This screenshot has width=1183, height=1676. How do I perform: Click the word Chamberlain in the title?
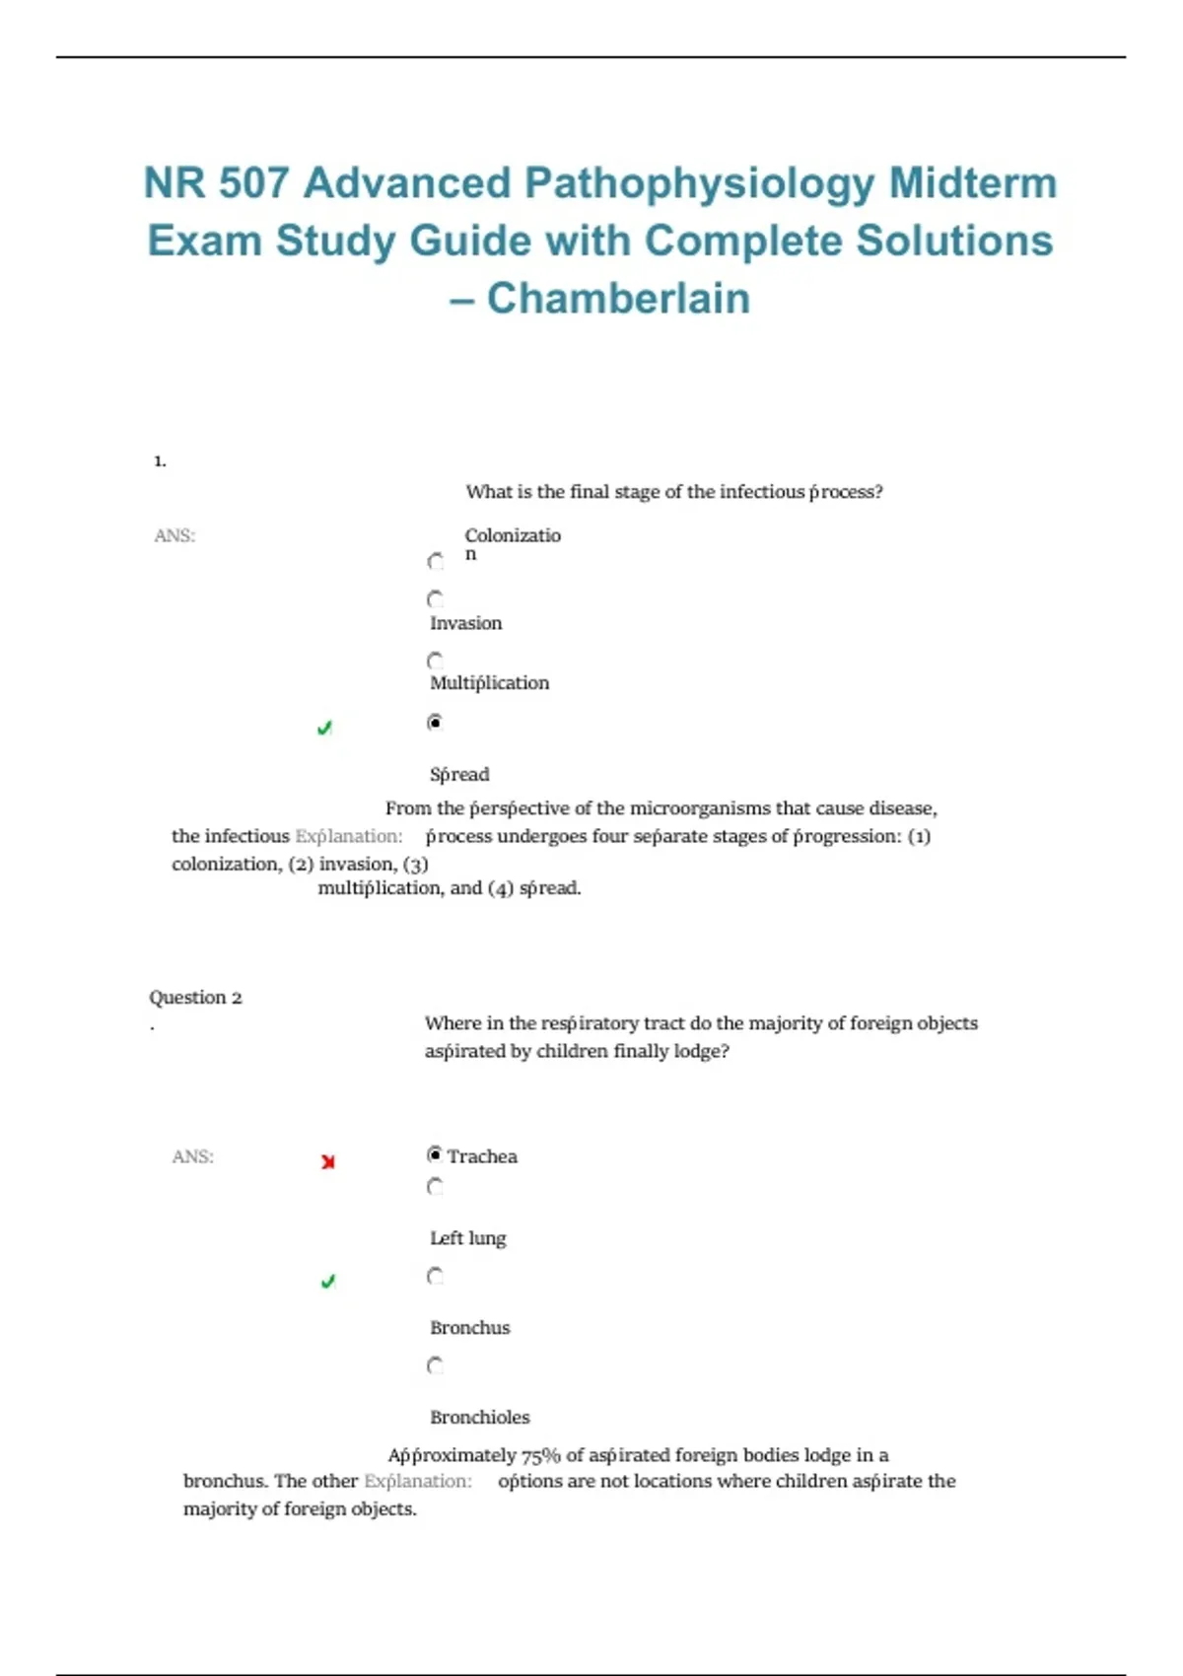618,298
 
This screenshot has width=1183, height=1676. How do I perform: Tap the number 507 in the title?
253,183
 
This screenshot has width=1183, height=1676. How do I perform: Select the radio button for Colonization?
436,562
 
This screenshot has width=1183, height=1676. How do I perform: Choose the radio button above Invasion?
436,599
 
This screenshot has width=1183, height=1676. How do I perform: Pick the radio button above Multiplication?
436,661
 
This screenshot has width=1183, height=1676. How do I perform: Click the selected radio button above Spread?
435,723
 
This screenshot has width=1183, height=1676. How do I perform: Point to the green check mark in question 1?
324,729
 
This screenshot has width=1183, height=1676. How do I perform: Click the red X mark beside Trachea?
328,1162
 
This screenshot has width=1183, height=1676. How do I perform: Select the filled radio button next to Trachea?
435,1154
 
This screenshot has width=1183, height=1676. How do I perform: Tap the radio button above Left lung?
436,1187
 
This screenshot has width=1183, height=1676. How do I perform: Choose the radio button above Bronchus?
436,1277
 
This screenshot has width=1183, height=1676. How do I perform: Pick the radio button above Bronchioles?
436,1366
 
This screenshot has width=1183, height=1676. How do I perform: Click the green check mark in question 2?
328,1282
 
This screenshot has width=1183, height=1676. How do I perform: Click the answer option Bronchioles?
480,1417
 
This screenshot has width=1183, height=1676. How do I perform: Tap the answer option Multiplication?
489,683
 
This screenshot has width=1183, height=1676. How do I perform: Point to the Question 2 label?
195,998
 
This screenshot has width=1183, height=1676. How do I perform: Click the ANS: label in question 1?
174,535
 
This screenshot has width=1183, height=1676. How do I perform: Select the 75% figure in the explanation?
540,1455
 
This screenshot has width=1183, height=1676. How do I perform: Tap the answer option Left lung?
467,1238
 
